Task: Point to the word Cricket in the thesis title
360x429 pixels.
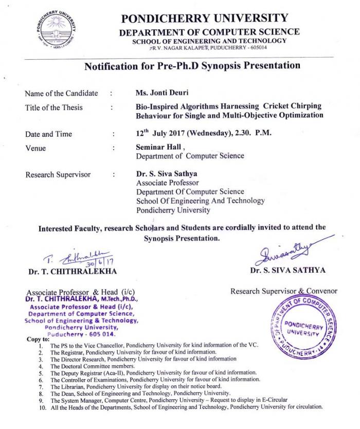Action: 260,106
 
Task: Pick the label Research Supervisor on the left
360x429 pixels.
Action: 58,174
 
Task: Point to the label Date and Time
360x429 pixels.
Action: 49,134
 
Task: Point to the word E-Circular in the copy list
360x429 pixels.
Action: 272,400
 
